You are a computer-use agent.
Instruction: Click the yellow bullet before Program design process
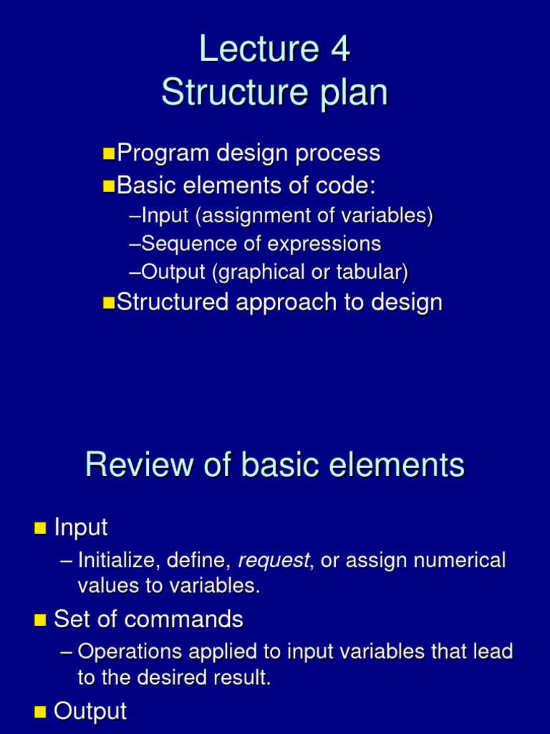[108, 153]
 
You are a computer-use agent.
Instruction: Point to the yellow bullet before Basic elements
[108, 186]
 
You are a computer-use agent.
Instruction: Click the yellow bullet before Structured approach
[108, 302]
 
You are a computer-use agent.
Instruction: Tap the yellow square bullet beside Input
[39, 529]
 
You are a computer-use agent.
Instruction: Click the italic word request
[273, 561]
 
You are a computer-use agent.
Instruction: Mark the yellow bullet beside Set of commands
[39, 620]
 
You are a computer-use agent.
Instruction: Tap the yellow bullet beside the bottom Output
[39, 712]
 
